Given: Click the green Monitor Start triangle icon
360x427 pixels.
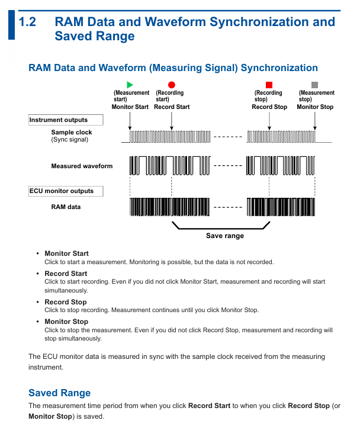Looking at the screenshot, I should (130, 85).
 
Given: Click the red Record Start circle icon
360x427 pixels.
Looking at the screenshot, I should (172, 85).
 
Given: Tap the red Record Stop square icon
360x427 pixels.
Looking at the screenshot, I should (269, 85).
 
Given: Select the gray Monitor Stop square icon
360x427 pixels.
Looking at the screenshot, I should (315, 85).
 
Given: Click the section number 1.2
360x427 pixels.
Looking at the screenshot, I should (27, 23).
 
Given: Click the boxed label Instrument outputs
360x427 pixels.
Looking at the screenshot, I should (66, 120).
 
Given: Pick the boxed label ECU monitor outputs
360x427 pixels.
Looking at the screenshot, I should (65, 191).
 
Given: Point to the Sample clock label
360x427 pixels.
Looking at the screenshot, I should (72, 133).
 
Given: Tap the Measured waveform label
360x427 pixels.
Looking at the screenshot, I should (82, 166).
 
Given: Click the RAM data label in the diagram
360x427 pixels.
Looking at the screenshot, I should (66, 207).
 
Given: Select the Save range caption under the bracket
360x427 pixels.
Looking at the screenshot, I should (224, 236).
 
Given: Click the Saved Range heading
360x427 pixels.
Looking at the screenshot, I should (60, 393).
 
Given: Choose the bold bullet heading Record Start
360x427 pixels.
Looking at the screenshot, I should (66, 274).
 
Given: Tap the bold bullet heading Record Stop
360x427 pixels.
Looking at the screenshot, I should (65, 302).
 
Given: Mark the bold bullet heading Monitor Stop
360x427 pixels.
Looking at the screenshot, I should (66, 322).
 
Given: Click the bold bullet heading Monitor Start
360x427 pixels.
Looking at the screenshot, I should (66, 253).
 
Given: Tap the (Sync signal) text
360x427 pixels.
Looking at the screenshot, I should (70, 140).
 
